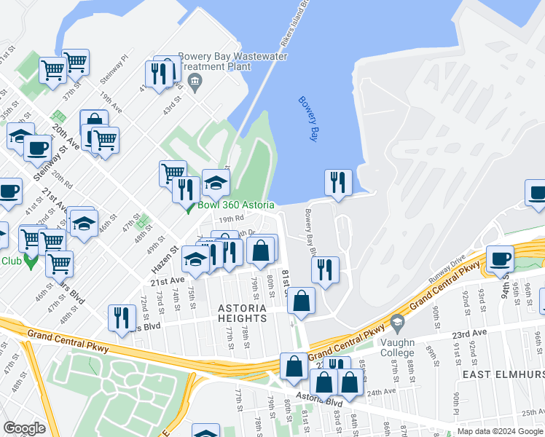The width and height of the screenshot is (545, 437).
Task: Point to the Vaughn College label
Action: click(x=396, y=348)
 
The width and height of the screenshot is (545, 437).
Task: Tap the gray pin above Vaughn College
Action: click(x=396, y=321)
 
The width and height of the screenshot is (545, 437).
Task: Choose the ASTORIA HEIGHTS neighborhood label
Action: click(x=242, y=313)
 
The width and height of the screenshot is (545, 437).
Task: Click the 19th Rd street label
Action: click(x=231, y=219)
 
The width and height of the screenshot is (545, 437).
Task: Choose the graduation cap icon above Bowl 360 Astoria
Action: click(x=216, y=183)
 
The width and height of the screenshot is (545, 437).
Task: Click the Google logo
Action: click(x=24, y=428)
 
